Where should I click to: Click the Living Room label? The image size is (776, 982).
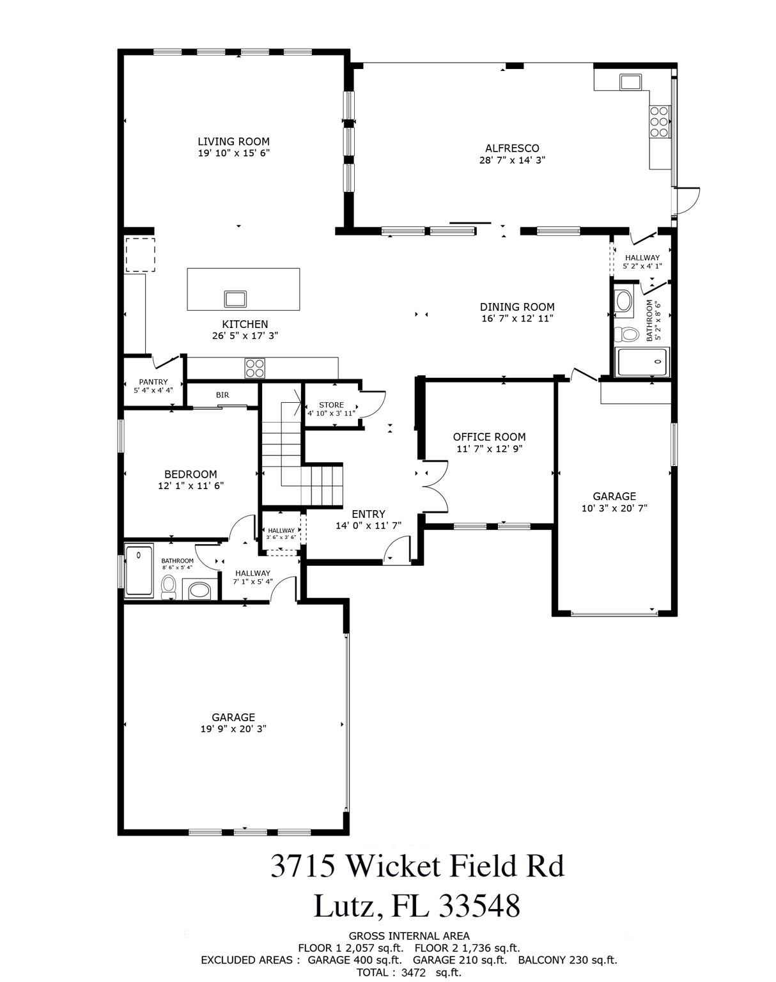point(233,141)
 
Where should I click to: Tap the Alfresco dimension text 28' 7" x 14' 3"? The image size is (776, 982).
point(512,160)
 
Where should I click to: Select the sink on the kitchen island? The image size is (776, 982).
point(235,299)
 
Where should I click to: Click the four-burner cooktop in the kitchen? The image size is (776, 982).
point(254,368)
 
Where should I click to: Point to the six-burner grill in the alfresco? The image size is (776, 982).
point(659,122)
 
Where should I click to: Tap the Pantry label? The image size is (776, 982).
point(153,382)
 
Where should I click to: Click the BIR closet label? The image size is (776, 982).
point(222,394)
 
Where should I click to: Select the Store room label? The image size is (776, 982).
point(332,405)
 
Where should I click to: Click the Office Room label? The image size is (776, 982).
point(490,437)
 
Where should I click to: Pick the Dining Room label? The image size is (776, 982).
point(517,307)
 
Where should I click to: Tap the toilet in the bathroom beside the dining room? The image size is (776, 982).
point(625,334)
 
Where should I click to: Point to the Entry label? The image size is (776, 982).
point(369,514)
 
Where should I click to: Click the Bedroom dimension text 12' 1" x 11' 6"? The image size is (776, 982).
point(190,486)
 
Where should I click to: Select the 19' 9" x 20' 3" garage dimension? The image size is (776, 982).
point(233,729)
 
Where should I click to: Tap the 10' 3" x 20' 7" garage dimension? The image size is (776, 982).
point(614,508)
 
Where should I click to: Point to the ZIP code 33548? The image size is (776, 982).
point(479,906)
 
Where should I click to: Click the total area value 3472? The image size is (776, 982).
point(414,972)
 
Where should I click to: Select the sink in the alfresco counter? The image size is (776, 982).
point(630,82)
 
